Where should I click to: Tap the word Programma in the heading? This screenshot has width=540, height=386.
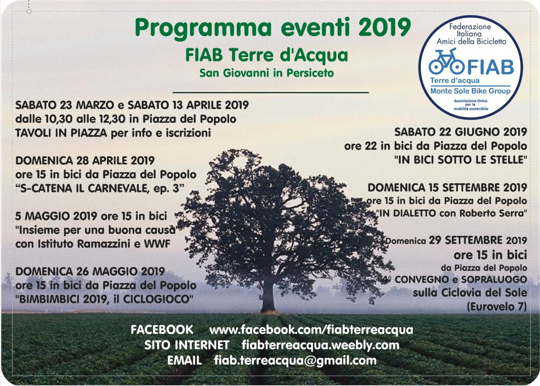[203, 29]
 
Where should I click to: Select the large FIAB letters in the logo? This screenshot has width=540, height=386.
[490, 67]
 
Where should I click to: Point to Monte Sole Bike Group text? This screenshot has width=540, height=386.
[470, 91]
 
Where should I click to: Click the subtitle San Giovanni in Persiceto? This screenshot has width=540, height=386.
[266, 73]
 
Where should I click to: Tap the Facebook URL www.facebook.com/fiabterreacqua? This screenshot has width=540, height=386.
[311, 330]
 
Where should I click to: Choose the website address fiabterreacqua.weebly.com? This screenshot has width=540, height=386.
[320, 345]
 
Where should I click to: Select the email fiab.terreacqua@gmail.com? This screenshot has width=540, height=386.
[295, 361]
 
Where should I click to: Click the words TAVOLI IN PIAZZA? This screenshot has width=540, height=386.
[61, 133]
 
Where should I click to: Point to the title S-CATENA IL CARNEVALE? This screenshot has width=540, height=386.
[98, 189]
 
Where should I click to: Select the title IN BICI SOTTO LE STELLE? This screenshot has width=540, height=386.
[461, 160]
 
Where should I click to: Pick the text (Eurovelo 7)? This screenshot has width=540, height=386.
[497, 306]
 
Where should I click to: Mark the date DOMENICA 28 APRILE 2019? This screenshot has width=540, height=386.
[85, 161]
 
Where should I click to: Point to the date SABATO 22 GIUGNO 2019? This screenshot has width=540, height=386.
[461, 132]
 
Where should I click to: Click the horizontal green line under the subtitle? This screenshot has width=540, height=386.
[271, 92]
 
